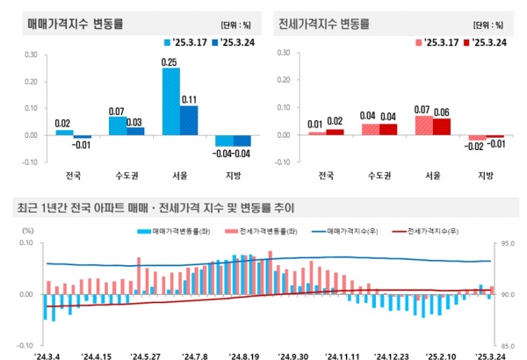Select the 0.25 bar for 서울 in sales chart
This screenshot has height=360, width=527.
(x=170, y=101)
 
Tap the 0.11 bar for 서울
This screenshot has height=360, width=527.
(x=188, y=120)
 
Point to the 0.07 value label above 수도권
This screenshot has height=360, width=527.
(x=115, y=112)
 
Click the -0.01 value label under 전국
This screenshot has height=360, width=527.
(x=82, y=144)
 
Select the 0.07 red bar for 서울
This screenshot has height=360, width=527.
(x=423, y=126)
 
